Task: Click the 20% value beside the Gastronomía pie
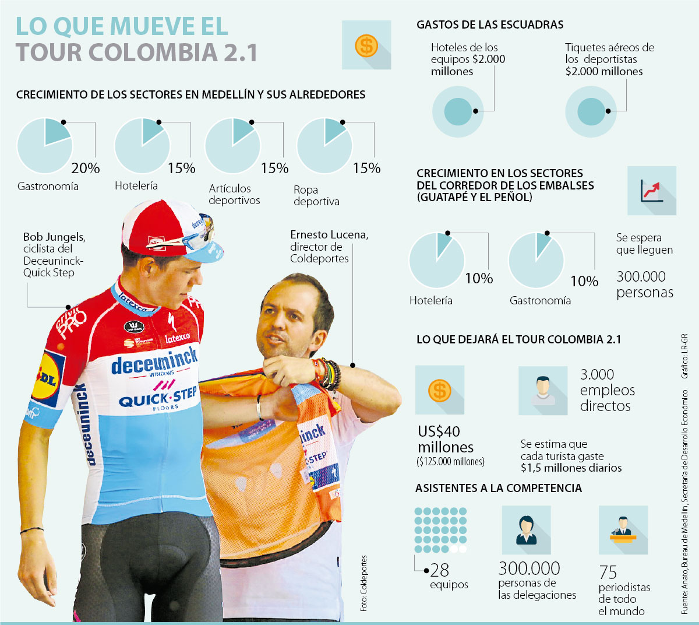(86, 168)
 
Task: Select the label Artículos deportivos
(234, 194)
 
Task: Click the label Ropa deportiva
(316, 195)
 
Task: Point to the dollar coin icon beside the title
(366, 45)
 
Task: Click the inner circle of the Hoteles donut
(458, 111)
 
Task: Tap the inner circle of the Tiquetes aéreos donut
(591, 111)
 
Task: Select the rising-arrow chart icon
(652, 190)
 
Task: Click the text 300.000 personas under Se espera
(644, 285)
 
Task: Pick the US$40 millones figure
(446, 440)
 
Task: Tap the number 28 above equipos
(440, 570)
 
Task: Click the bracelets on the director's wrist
(327, 374)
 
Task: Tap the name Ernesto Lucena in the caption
(329, 235)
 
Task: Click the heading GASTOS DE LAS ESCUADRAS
(490, 25)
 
